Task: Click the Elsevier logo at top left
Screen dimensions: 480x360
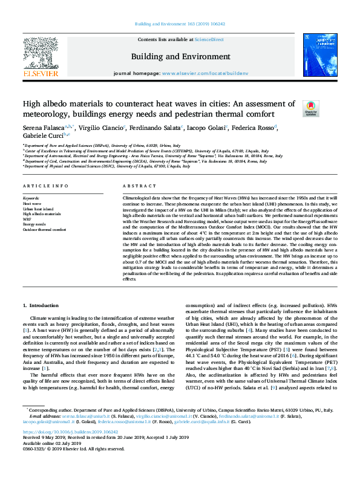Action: [x=41, y=57]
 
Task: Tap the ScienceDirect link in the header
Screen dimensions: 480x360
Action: [x=209, y=39]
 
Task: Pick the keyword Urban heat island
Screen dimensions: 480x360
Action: [x=37, y=209]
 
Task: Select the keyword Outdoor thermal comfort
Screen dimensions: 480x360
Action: [x=44, y=230]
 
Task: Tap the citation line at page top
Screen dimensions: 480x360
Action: [x=180, y=25]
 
